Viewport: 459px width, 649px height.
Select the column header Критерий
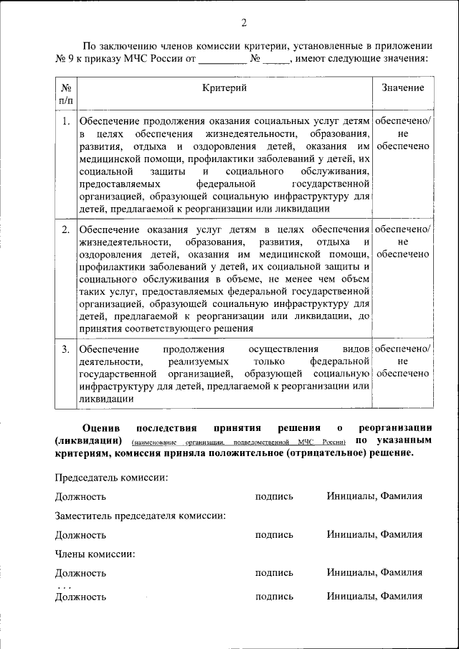tap(224, 87)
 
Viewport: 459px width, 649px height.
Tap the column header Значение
tap(402, 87)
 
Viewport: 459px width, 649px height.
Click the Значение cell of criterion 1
tap(402, 133)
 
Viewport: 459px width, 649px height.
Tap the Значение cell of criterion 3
tap(402, 361)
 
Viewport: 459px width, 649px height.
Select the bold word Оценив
tap(98, 427)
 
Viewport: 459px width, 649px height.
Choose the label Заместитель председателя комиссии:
tap(141, 516)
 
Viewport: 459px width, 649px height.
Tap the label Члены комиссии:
tap(95, 554)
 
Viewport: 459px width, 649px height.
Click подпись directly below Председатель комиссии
tap(274, 496)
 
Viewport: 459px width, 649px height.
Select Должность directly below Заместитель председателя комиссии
tap(80, 535)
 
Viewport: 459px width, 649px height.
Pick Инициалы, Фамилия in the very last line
tap(374, 596)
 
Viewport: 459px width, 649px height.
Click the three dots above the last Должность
tap(65, 586)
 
